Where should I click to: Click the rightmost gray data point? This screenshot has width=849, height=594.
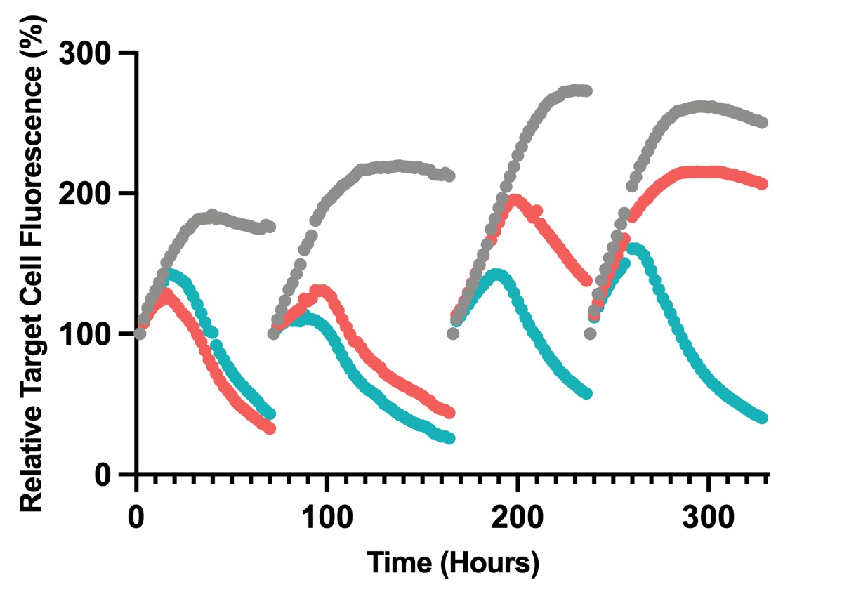763,122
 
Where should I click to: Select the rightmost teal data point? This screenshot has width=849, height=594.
763,418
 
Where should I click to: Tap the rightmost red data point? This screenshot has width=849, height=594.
763,184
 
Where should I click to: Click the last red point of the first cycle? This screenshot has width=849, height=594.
270,428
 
